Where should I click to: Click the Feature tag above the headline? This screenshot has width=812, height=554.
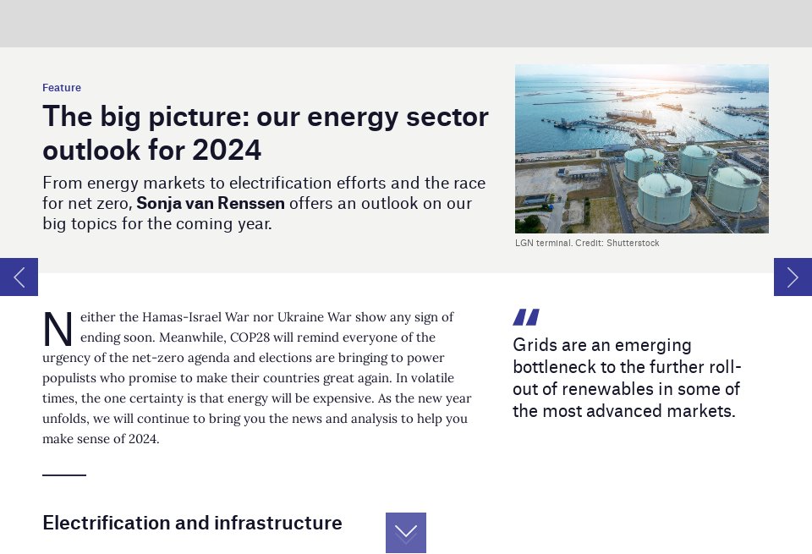click(62, 88)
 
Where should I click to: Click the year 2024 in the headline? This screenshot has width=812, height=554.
click(227, 150)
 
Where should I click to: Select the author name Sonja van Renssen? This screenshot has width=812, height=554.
click(211, 204)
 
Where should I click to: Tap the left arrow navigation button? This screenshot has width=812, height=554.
click(19, 277)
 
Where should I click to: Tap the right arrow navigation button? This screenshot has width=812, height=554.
click(793, 277)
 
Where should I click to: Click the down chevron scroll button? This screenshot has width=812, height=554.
click(406, 532)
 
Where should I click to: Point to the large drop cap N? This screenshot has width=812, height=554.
click(58, 330)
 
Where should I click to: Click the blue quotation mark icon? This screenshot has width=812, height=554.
click(525, 317)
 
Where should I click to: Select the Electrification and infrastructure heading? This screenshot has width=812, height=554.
click(192, 523)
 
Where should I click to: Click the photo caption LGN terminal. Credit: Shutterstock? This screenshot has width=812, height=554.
click(587, 244)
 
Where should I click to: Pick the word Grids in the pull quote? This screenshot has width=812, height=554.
click(534, 345)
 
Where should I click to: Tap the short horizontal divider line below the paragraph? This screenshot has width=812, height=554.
click(64, 475)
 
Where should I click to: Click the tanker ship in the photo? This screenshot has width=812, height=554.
click(630, 115)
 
